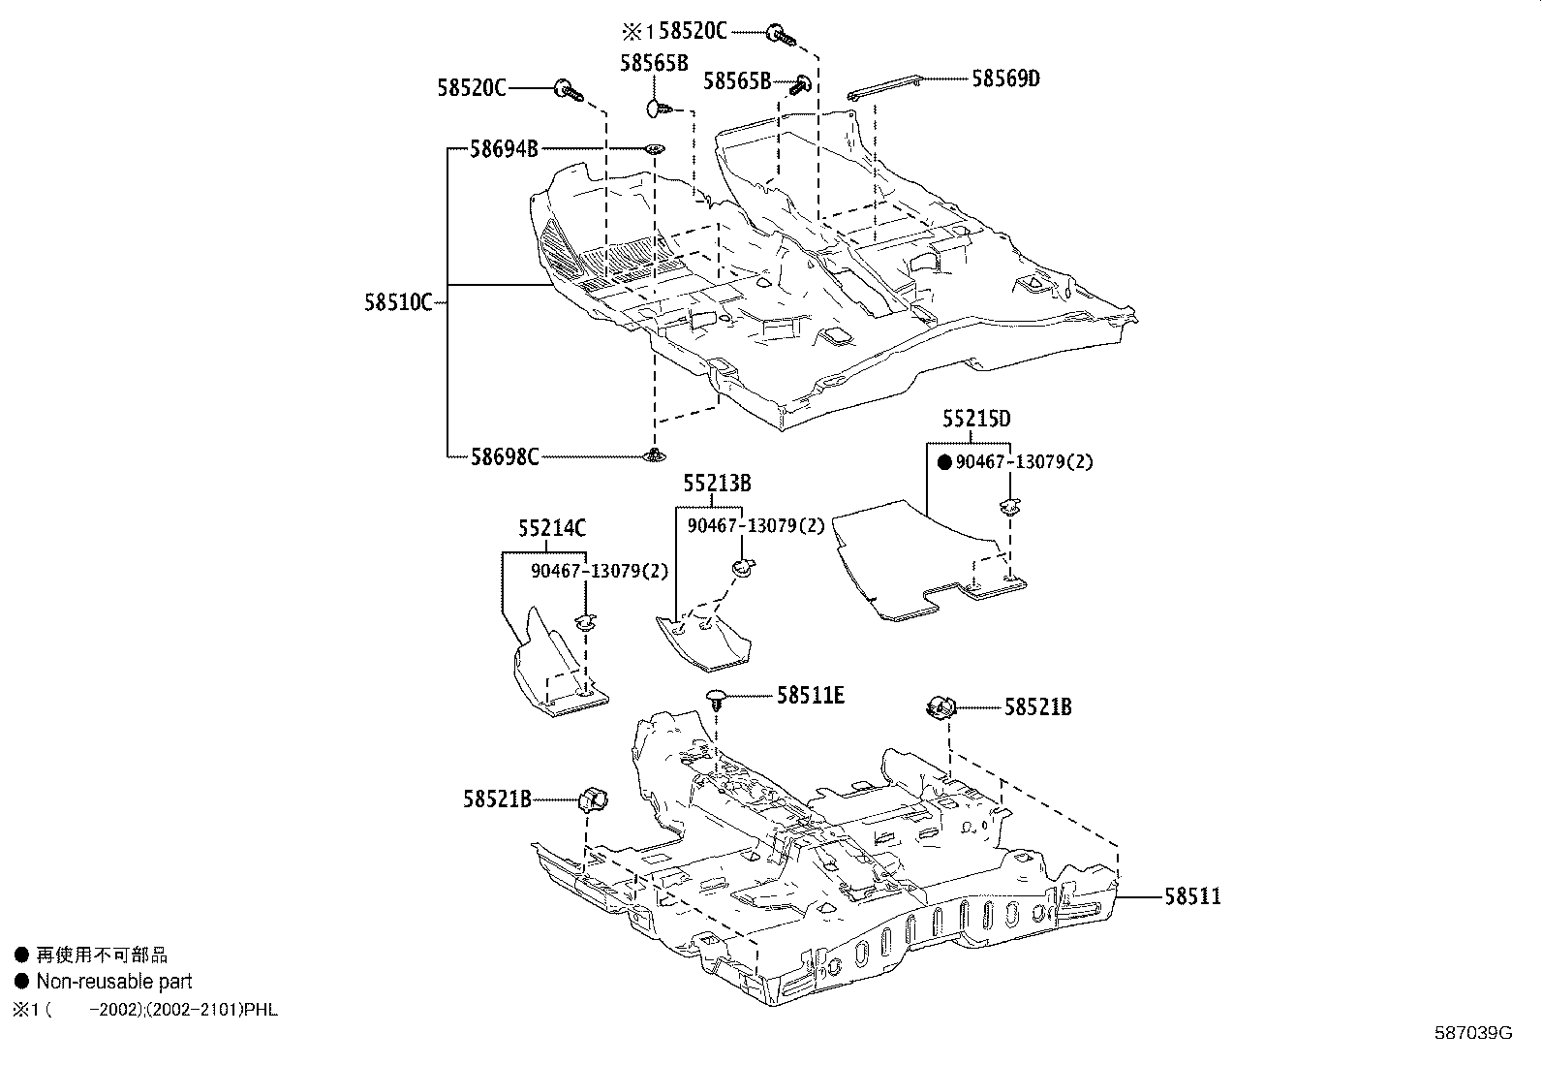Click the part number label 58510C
(x=397, y=302)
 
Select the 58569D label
(x=1005, y=78)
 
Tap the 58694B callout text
(x=504, y=149)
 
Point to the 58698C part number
(x=504, y=456)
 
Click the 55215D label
(x=976, y=419)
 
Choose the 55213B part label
(x=717, y=483)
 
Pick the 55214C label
(x=551, y=528)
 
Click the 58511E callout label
(x=810, y=695)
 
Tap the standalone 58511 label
(x=1192, y=896)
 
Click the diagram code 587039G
(x=1472, y=1033)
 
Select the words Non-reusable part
(x=114, y=982)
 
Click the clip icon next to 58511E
(x=716, y=699)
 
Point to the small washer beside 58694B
(x=655, y=149)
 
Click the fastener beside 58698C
(x=656, y=455)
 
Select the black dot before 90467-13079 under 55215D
(x=944, y=463)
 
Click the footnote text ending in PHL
(x=145, y=1010)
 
